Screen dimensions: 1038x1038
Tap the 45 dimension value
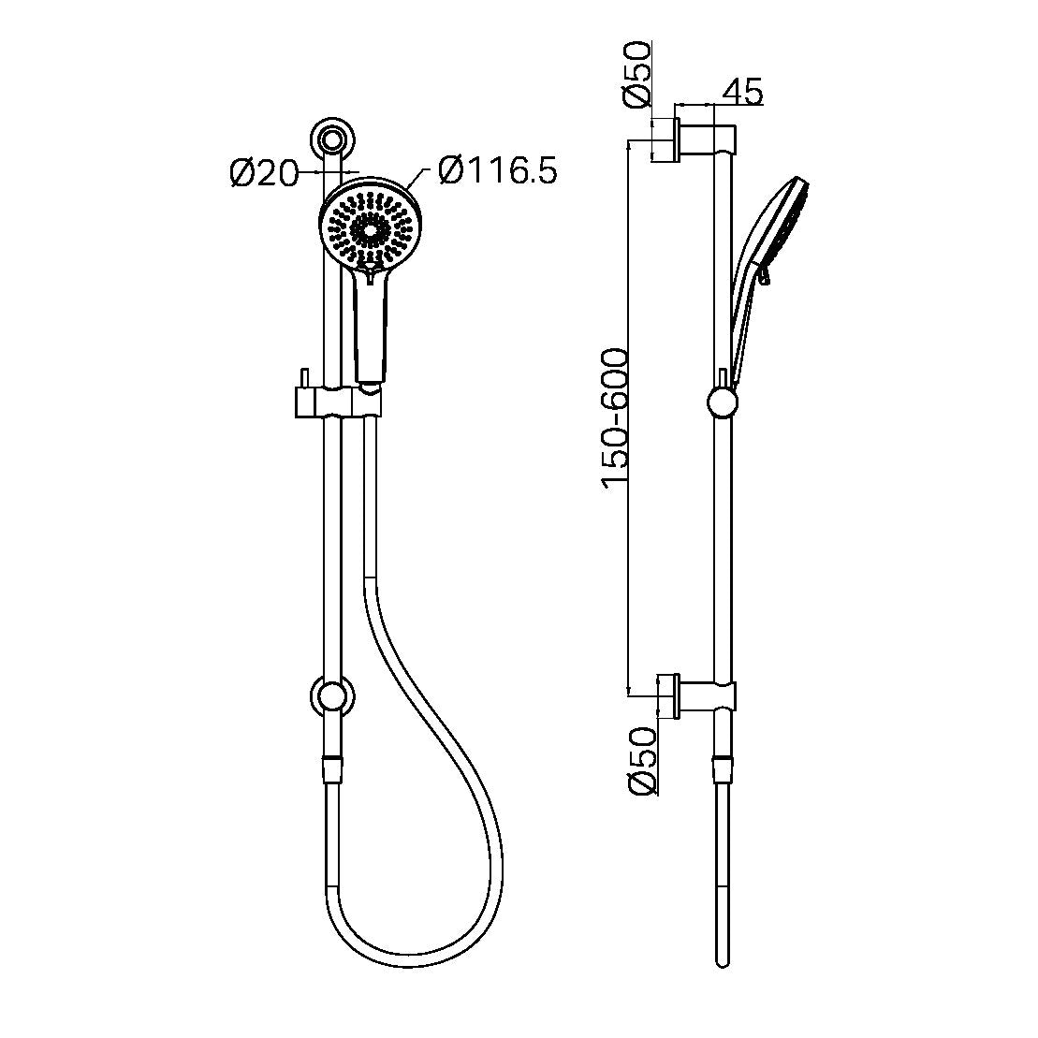(743, 91)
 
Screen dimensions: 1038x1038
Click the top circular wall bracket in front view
(331, 140)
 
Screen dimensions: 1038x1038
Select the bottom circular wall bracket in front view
(331, 697)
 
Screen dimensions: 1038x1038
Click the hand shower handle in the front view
(371, 328)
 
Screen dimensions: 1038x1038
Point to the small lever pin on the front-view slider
(303, 376)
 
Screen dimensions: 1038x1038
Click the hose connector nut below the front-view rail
(331, 768)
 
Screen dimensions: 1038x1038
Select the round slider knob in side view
(722, 403)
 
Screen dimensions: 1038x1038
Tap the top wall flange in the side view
(665, 141)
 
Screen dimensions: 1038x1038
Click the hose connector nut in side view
(722, 768)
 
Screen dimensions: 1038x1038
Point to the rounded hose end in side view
(722, 958)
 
